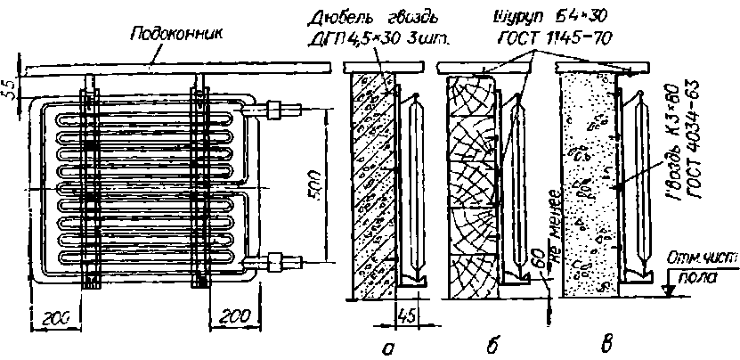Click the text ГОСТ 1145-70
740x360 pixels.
pyautogui.click(x=558, y=40)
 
